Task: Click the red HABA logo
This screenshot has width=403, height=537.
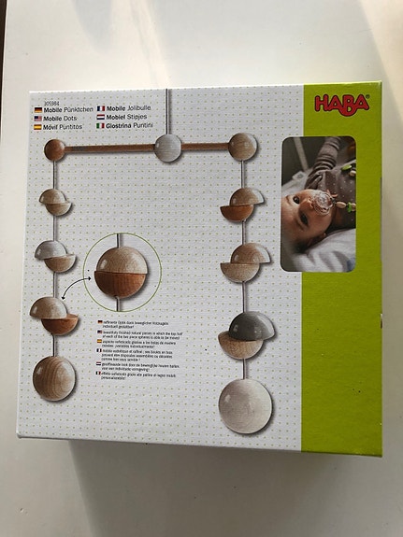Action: pyautogui.click(x=342, y=103)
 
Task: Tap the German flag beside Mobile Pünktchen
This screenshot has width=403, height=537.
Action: pyautogui.click(x=37, y=110)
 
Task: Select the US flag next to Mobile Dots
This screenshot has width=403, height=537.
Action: pyautogui.click(x=37, y=119)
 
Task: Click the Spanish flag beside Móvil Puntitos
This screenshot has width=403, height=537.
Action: pyautogui.click(x=37, y=127)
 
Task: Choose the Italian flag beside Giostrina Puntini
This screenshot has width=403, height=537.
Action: pyautogui.click(x=101, y=126)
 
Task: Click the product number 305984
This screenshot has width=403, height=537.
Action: pyautogui.click(x=43, y=104)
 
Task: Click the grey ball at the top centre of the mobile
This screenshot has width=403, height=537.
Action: pyautogui.click(x=168, y=147)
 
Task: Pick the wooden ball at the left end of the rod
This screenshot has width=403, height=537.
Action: pyautogui.click(x=55, y=149)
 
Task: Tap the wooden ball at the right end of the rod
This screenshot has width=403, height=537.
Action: pyautogui.click(x=242, y=146)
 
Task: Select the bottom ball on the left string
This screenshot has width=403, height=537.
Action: pyautogui.click(x=54, y=377)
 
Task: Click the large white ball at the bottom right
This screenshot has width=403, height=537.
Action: pyautogui.click(x=245, y=405)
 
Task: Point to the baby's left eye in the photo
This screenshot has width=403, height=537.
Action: pyautogui.click(x=296, y=198)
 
